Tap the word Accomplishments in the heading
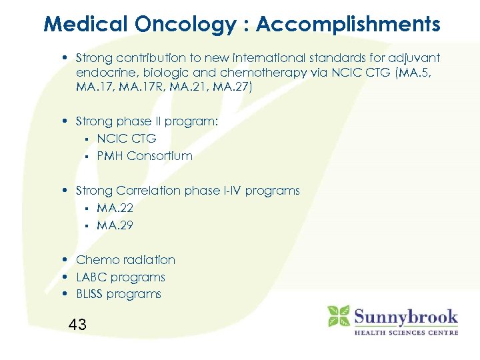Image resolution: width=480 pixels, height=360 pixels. click(x=348, y=25)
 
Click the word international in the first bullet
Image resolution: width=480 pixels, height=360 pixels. click(x=263, y=58)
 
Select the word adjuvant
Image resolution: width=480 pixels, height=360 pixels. click(x=415, y=58)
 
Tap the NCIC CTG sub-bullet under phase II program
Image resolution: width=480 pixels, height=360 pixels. click(x=127, y=139)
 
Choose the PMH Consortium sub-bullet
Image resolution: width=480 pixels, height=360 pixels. click(x=145, y=156)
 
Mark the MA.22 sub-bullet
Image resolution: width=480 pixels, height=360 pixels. click(x=115, y=208)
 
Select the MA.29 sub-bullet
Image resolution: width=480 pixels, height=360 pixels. click(x=115, y=225)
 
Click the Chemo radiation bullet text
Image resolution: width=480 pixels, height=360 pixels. click(x=125, y=260)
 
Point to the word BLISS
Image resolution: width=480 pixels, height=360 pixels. click(x=91, y=295)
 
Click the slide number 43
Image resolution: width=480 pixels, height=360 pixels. click(x=77, y=325)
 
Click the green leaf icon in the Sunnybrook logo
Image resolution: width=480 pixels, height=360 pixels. click(x=339, y=316)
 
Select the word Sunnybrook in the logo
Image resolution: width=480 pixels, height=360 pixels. click(x=405, y=316)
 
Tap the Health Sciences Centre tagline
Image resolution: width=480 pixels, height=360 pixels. click(x=405, y=332)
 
